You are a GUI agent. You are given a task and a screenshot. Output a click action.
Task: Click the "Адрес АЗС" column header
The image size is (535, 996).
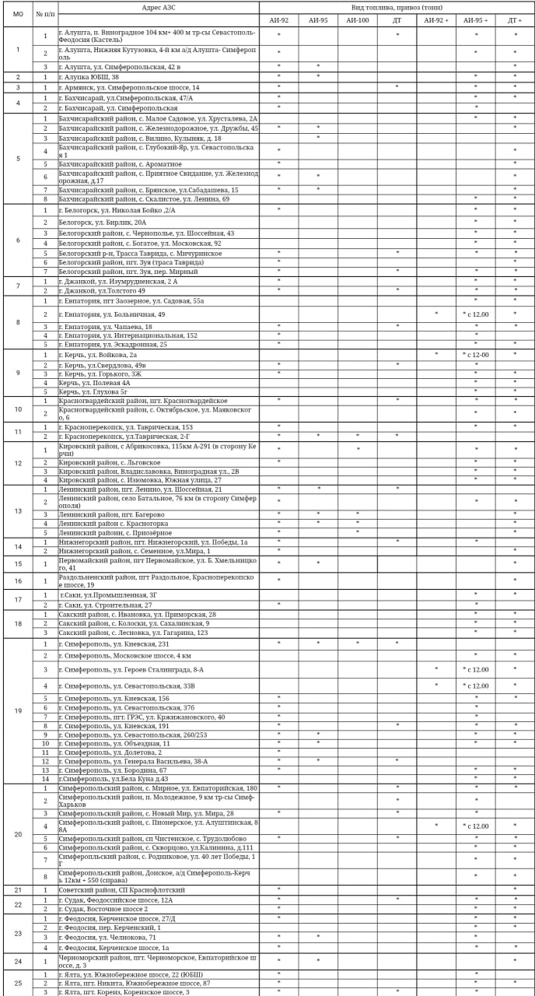(x=159, y=6)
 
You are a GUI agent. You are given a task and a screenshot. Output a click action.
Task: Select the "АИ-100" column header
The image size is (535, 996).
(x=357, y=20)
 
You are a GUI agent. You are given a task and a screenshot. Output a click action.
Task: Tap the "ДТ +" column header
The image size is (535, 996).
(x=514, y=20)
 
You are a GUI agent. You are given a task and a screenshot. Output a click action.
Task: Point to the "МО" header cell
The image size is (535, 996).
(x=18, y=14)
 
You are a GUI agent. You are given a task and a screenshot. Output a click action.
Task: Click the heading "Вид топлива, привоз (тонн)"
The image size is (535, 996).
(x=397, y=6)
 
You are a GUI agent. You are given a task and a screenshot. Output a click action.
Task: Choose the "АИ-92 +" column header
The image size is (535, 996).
(x=436, y=20)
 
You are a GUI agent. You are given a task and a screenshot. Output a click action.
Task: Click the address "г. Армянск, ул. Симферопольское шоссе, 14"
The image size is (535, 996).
(x=129, y=87)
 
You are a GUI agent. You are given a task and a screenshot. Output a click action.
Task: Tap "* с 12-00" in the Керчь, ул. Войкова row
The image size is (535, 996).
(x=476, y=355)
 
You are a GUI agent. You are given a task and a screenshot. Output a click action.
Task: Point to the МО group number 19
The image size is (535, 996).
(x=18, y=711)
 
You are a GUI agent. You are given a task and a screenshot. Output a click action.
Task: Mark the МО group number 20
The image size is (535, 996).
(x=18, y=834)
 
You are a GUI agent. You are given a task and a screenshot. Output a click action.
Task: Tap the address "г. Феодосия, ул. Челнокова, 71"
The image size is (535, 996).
(x=107, y=938)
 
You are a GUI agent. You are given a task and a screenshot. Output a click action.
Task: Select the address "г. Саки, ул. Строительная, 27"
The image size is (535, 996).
(x=106, y=605)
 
